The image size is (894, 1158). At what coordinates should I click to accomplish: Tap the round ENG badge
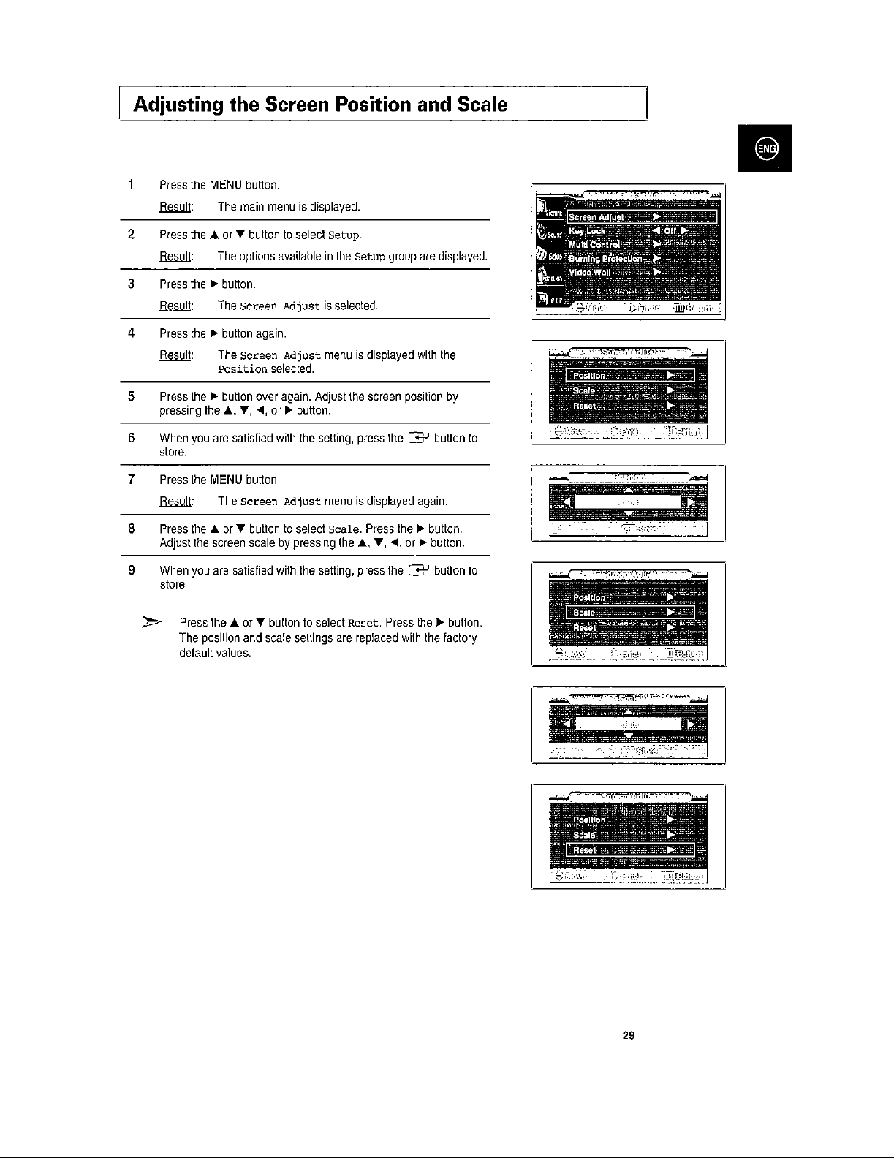(765, 148)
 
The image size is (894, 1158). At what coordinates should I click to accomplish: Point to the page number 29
(629, 1035)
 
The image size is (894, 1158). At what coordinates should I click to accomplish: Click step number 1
(129, 184)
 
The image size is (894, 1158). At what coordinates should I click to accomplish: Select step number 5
(131, 396)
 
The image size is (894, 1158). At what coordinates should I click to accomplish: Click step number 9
(131, 570)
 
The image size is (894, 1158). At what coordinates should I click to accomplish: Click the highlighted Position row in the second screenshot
(630, 376)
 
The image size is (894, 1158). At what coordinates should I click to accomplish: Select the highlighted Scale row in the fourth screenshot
(630, 613)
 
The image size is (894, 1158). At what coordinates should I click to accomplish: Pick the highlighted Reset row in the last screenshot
(630, 850)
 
